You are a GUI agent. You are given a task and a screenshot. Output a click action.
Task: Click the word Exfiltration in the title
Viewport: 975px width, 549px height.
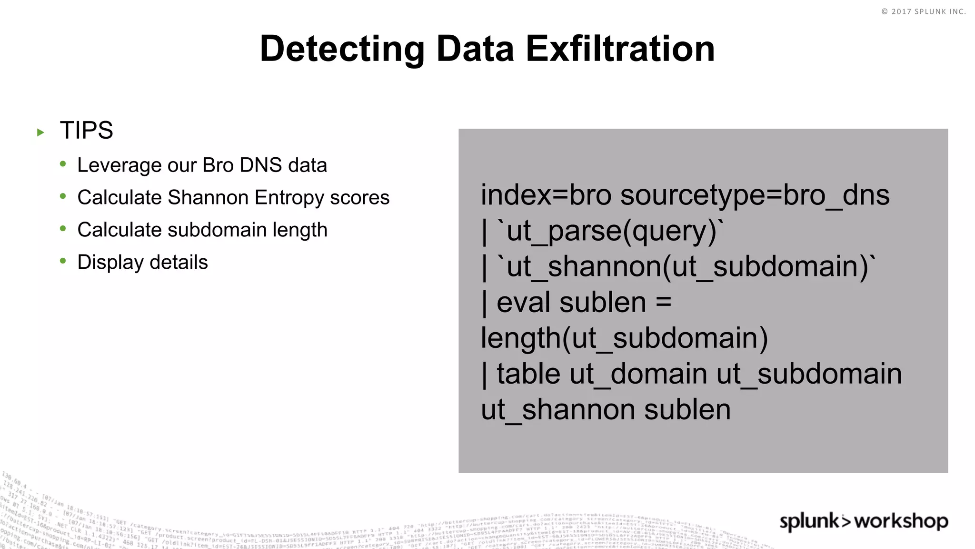620,49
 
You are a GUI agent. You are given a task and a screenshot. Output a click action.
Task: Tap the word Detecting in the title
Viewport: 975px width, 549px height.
342,50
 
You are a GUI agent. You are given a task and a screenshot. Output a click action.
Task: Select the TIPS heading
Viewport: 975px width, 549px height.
86,130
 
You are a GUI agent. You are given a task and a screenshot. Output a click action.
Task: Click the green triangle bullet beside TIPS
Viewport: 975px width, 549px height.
40,132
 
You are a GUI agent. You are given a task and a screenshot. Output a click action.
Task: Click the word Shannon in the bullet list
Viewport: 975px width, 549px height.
208,197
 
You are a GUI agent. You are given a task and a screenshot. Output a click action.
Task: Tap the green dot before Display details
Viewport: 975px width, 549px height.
63,261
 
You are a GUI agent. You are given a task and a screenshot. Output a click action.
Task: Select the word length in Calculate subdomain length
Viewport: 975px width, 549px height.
299,230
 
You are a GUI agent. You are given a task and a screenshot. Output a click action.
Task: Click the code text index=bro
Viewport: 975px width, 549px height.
546,195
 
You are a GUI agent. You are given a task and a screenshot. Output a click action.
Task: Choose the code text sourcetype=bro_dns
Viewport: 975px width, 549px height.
755,196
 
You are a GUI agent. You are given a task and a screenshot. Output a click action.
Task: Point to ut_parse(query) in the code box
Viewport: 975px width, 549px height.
611,231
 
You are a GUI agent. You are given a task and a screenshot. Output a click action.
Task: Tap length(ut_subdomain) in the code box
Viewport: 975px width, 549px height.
624,338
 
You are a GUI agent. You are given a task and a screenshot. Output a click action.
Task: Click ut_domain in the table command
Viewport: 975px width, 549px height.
638,374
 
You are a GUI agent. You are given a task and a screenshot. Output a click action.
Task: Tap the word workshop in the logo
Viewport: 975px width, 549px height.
901,521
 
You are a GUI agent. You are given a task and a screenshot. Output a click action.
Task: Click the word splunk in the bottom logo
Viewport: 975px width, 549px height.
810,521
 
